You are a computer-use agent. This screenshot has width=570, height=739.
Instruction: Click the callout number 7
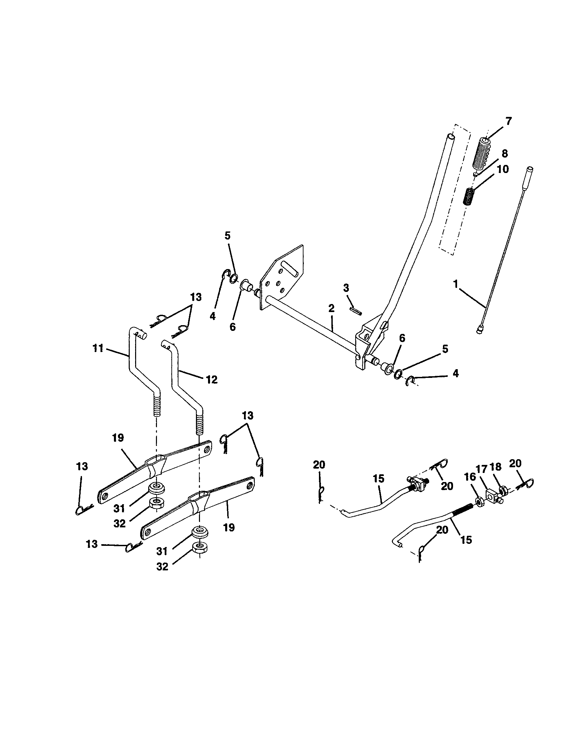pyautogui.click(x=508, y=121)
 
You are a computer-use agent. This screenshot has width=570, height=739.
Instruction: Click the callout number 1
pyautogui.click(x=456, y=284)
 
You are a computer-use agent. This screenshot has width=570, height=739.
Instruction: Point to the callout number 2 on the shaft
pyautogui.click(x=331, y=308)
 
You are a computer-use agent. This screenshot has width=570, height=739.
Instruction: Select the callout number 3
pyautogui.click(x=346, y=288)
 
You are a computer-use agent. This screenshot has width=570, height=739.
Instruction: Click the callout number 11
pyautogui.click(x=98, y=348)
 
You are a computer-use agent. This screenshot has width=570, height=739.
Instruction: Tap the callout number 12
pyautogui.click(x=211, y=379)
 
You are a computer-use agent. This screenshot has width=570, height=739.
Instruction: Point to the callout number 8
pyautogui.click(x=504, y=153)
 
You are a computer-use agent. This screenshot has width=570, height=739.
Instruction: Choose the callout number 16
pyautogui.click(x=470, y=477)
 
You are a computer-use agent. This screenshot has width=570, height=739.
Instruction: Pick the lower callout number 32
pyautogui.click(x=162, y=566)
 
